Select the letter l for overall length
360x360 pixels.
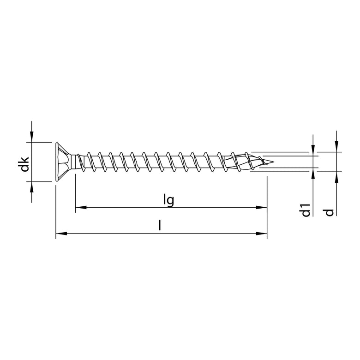160,226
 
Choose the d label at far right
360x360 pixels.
329,212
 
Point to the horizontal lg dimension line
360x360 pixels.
138,208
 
